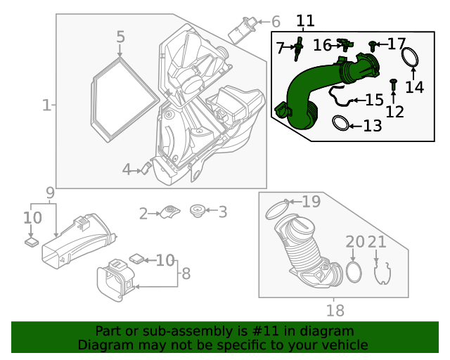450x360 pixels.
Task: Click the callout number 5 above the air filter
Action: [120, 37]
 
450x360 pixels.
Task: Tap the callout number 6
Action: [276, 22]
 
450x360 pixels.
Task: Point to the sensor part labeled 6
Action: [242, 30]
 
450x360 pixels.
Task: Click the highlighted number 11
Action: [305, 20]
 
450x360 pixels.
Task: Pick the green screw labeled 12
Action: [394, 85]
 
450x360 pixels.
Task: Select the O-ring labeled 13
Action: [340, 123]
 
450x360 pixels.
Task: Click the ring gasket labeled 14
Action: [410, 58]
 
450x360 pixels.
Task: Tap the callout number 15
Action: [375, 100]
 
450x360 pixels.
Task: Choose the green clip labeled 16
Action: [345, 45]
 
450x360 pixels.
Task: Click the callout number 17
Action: [397, 44]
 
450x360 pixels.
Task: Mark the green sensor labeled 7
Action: [297, 49]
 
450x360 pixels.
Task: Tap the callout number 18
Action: [335, 310]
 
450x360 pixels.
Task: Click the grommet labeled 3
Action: [197, 211]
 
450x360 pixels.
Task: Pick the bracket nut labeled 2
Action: [170, 212]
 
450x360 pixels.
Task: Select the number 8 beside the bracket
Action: [186, 274]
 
